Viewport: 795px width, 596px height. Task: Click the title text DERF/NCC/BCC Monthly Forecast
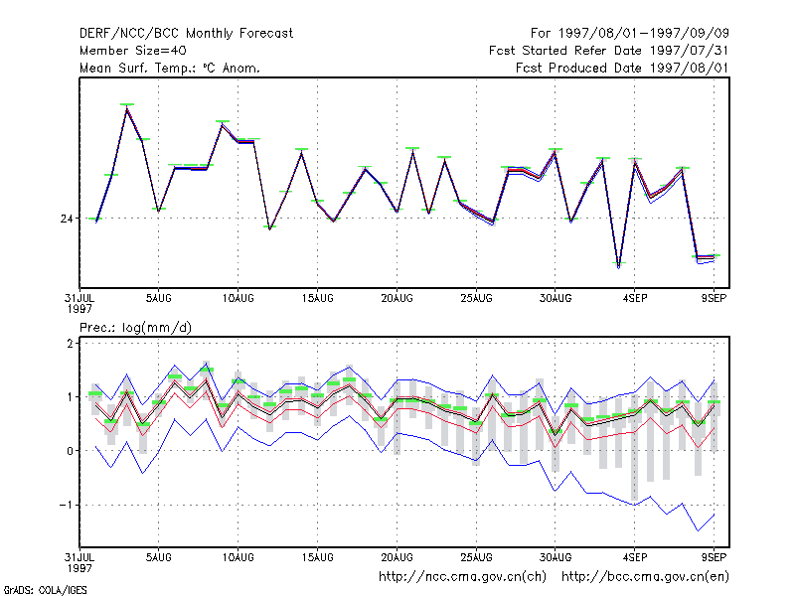point(186,34)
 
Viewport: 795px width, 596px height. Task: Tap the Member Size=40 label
point(133,51)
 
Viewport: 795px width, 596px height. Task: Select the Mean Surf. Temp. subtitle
point(170,68)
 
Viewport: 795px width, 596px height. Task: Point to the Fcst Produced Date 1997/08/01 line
point(622,68)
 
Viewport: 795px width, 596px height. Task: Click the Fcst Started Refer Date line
point(608,51)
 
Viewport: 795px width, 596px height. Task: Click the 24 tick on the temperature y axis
point(67,219)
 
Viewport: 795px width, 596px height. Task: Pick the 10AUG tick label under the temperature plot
point(238,299)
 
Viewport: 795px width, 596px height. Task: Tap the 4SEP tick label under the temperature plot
point(635,299)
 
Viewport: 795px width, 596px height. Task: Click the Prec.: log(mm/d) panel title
point(135,328)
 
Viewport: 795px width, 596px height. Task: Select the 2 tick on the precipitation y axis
point(70,344)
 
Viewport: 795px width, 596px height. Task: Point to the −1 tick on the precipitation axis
point(66,505)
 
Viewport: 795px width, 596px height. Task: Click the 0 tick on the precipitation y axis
point(70,451)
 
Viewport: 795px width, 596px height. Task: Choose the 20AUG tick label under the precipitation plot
point(397,557)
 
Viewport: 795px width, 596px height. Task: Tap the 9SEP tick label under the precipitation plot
point(714,557)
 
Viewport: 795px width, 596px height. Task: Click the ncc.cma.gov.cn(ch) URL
point(462,577)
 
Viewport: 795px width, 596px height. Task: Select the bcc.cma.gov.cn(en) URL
point(645,577)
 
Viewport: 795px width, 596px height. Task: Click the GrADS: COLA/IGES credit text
point(45,590)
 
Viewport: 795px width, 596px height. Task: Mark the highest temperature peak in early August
point(127,107)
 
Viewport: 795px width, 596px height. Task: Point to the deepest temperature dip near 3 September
point(618,266)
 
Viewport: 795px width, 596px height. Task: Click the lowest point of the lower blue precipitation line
point(699,530)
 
